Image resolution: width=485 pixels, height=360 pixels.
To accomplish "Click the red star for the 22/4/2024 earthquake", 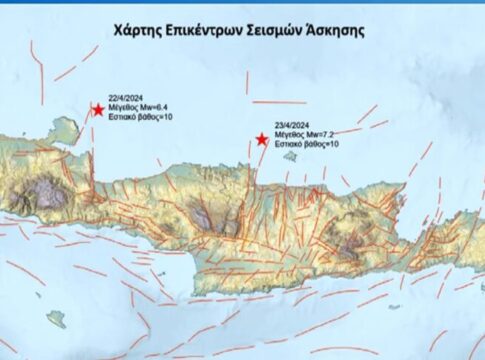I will point(98,110).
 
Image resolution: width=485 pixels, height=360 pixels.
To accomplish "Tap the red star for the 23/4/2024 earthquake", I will point(261,140).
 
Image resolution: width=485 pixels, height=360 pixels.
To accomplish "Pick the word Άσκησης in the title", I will point(340,30).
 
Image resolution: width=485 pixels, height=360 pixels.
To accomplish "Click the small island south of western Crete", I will point(56,320).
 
